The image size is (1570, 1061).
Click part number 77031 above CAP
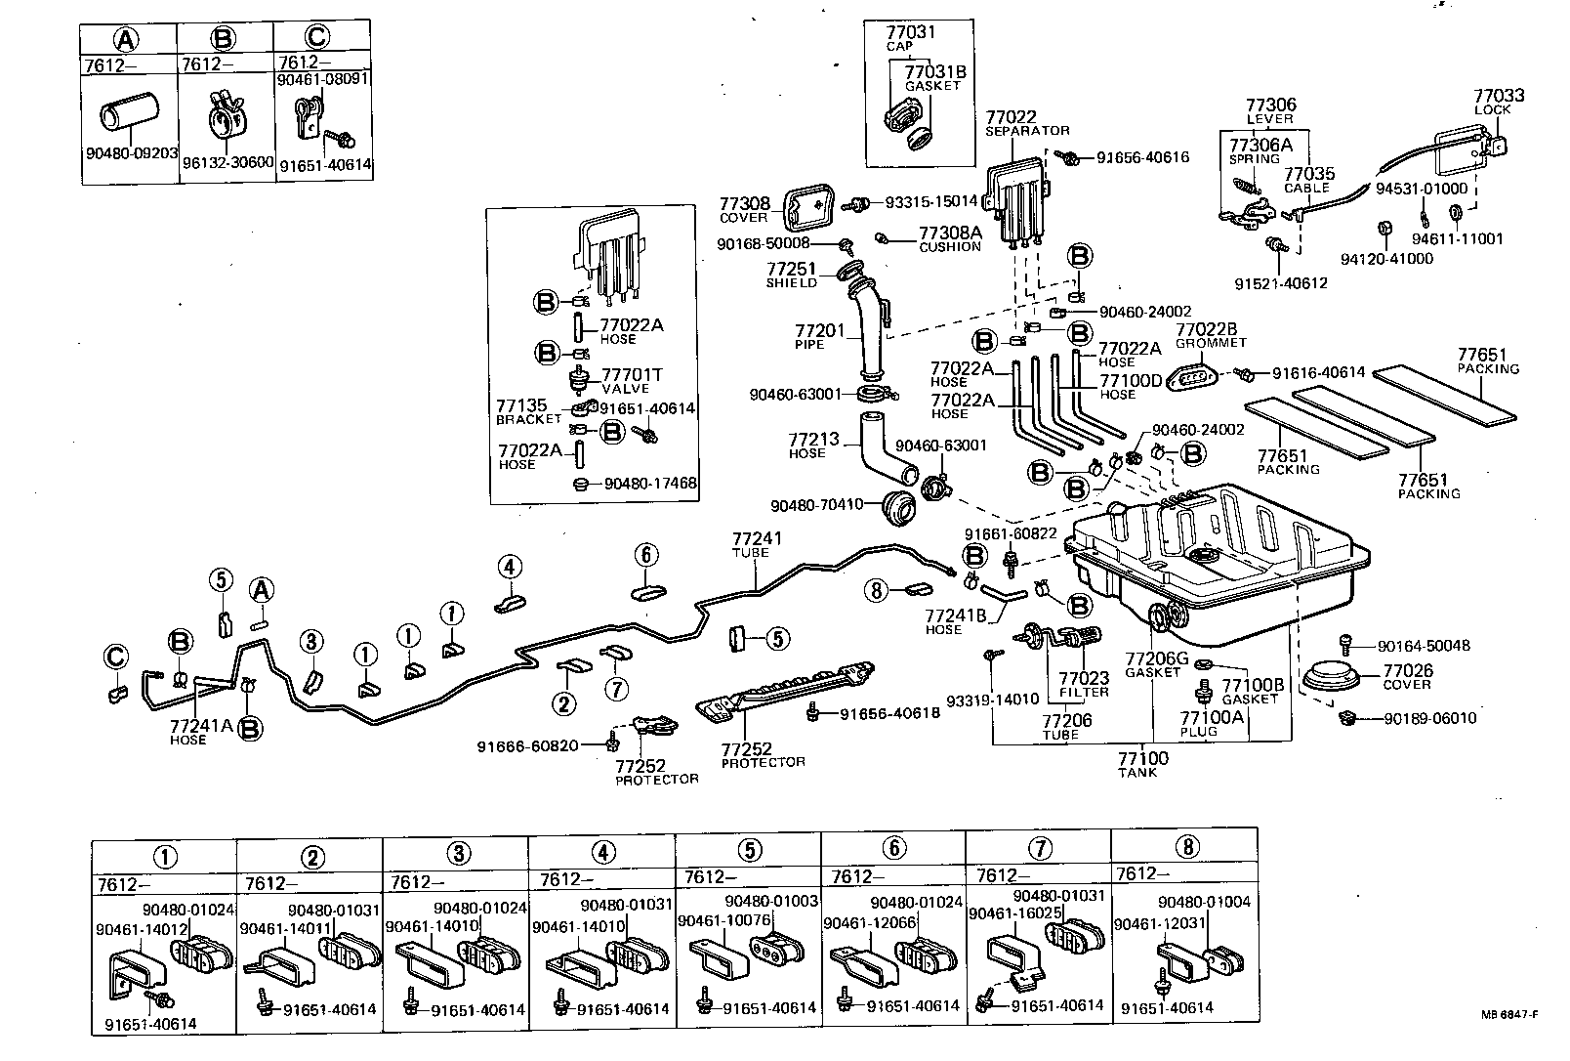coord(910,32)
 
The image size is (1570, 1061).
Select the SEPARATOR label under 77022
coord(1027,130)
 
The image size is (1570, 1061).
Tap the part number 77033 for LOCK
coord(1499,96)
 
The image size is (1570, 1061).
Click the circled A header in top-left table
coord(126,38)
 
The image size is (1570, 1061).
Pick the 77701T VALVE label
coord(631,375)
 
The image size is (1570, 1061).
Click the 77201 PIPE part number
coord(818,331)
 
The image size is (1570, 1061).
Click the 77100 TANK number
coord(1142,758)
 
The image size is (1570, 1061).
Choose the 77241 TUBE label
coord(758,538)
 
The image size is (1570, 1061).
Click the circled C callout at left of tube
coord(115,658)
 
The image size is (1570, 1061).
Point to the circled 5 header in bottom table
coord(749,850)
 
